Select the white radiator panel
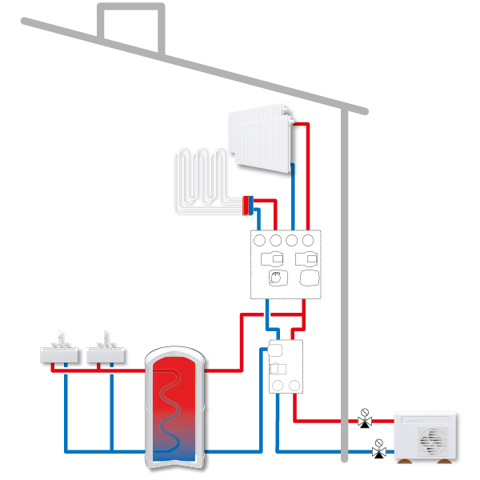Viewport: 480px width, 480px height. point(259,140)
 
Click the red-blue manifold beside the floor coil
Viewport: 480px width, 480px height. point(249,205)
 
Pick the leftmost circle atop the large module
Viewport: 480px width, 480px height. point(260,239)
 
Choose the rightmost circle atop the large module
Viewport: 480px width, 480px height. point(309,239)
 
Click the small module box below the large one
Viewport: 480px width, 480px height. point(285,367)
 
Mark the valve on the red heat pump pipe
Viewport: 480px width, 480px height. point(364,418)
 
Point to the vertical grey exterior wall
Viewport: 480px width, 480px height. point(345,280)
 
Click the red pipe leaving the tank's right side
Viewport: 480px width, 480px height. point(224,370)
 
